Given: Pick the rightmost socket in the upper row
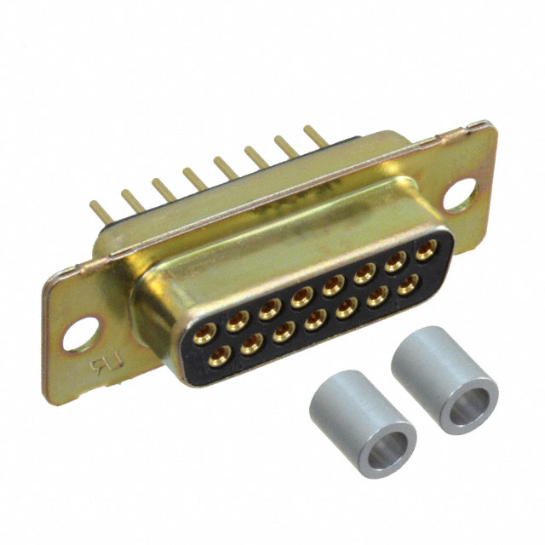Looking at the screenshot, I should point(423,253).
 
